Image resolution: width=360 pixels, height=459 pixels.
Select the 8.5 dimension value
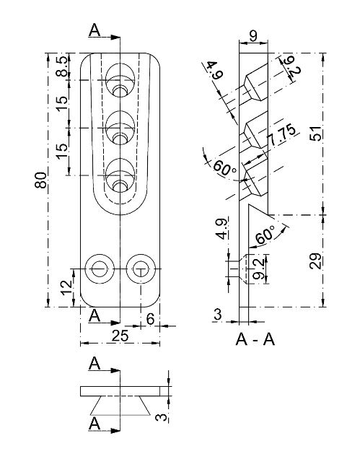(x=63, y=67)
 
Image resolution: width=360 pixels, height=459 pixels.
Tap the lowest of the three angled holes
(x=119, y=178)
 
